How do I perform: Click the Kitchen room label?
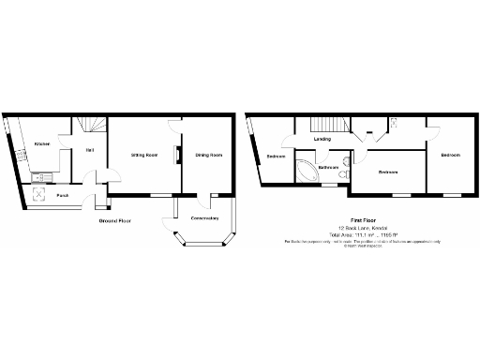[x=41, y=143]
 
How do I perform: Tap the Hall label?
[x=90, y=150]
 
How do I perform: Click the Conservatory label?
[x=204, y=218]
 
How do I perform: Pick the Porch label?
[x=62, y=195]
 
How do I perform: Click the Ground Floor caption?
[x=115, y=220]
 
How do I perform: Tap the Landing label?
[x=322, y=140]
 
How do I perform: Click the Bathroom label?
[x=328, y=168]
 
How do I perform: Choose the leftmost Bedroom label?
[x=276, y=156]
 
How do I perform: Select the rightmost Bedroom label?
[x=450, y=155]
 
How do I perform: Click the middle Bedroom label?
[x=388, y=172]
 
